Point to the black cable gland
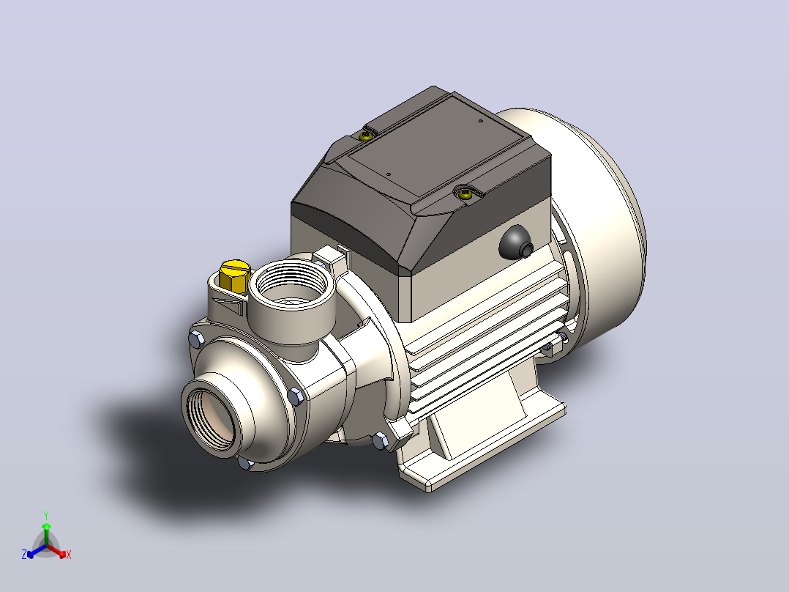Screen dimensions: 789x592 (x=516, y=243)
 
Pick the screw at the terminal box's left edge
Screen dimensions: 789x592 (x=367, y=135)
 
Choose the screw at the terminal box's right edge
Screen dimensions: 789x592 (x=466, y=193)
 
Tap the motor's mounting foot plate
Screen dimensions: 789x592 (x=483, y=443)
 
